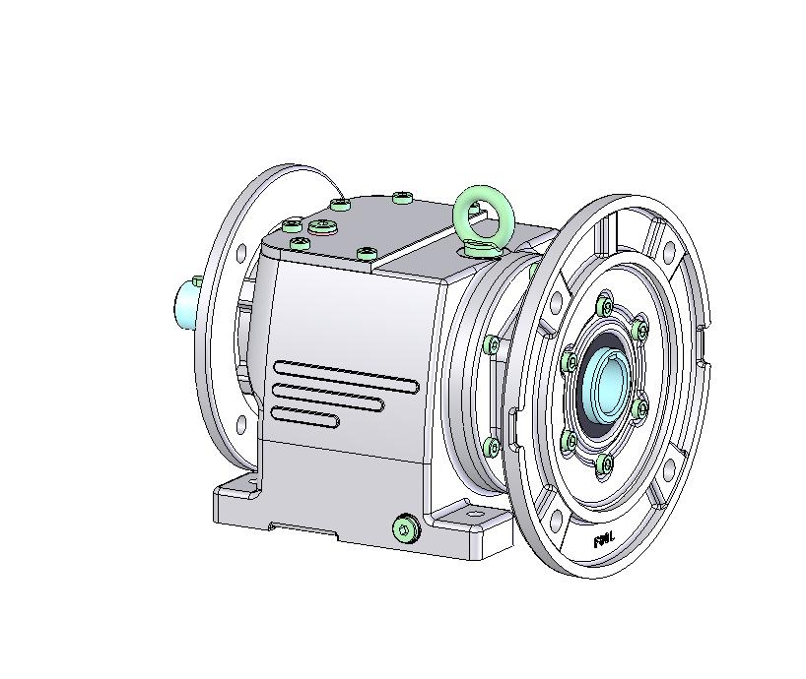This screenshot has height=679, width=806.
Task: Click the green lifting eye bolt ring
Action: point(481,213)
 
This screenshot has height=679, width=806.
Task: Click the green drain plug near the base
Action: point(405,530)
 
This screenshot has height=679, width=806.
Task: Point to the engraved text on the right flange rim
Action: point(604,539)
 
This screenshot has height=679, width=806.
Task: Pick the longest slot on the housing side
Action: point(344,375)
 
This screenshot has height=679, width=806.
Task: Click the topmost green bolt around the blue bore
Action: point(605,297)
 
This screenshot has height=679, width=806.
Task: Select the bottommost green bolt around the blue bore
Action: point(606,463)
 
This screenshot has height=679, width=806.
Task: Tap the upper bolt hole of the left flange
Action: point(239,254)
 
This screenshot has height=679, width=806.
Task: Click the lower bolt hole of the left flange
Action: point(239,425)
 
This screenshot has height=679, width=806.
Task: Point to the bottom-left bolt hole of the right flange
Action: point(554,519)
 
